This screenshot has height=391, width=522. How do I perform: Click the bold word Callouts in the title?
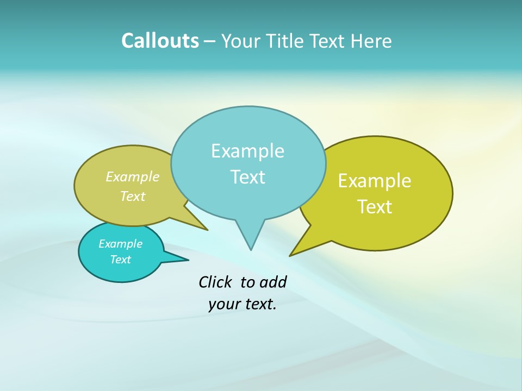coord(160,41)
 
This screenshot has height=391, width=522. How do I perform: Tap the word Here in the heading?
coord(371,41)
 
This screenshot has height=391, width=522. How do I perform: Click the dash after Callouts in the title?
coord(210,42)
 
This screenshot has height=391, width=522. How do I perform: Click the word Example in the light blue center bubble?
coord(247,151)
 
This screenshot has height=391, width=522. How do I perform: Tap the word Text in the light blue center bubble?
coord(247,177)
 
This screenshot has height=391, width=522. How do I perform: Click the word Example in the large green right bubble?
coord(375,181)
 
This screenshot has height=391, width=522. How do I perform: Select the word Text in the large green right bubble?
coord(375,207)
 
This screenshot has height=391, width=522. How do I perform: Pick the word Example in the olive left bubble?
coord(133,177)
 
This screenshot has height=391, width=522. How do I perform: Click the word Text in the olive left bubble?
coord(133,197)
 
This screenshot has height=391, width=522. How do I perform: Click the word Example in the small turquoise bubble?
coord(120,244)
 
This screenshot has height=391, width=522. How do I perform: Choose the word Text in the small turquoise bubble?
coord(120,260)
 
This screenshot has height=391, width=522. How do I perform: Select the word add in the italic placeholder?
coord(272,282)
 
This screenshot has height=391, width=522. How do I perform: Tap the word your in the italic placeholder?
coord(223,305)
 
